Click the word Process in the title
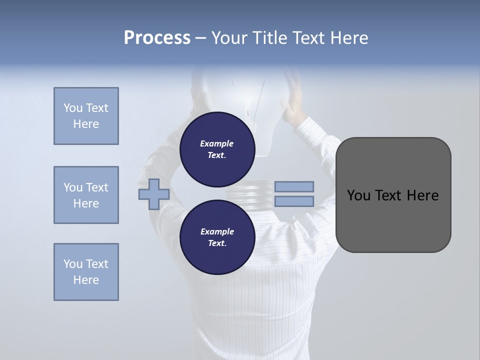point(157,38)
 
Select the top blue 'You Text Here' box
point(86,116)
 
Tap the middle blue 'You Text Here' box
point(86,195)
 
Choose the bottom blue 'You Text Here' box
point(86,272)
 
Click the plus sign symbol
point(154,194)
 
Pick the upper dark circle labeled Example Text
point(217,149)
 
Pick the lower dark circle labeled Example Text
point(217,237)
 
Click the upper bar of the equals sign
point(294,187)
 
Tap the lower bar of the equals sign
point(294,201)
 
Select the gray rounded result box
point(393,220)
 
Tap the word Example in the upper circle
point(217,143)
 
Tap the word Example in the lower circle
point(217,231)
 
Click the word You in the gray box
point(358,195)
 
